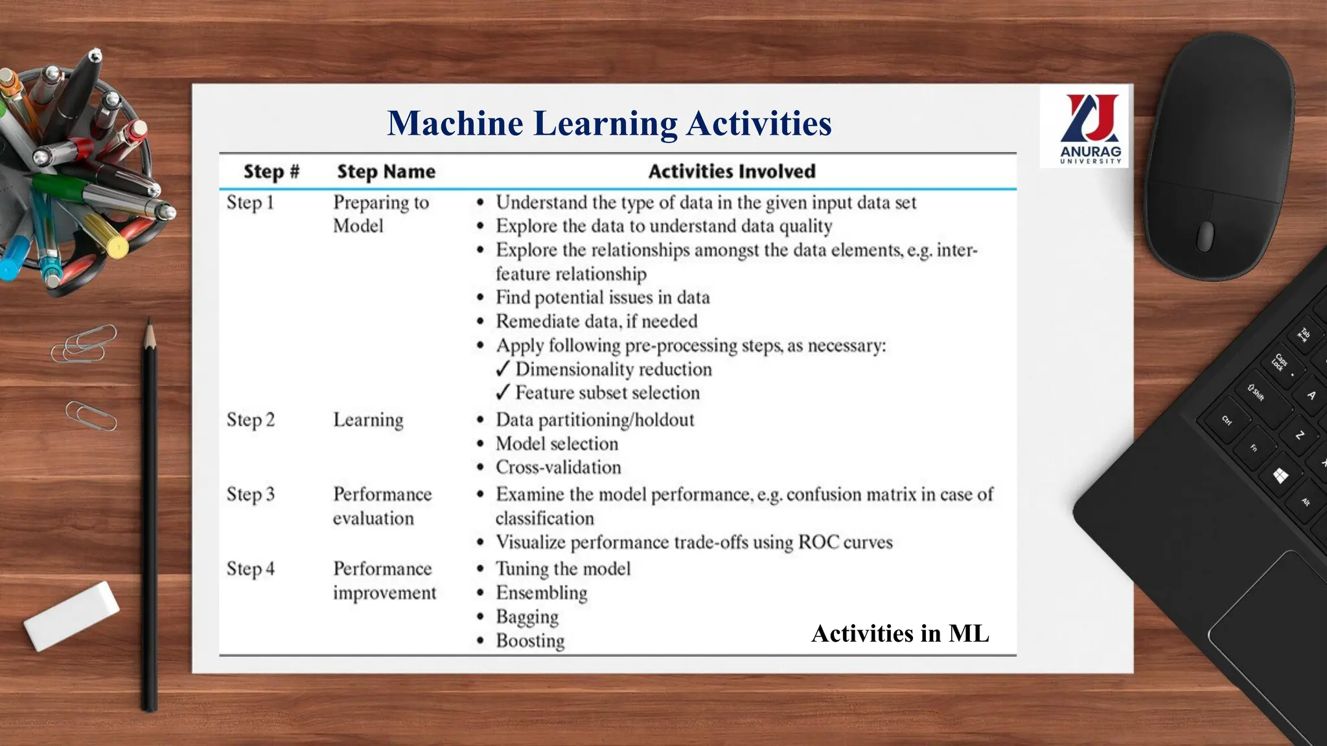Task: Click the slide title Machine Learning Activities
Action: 609,123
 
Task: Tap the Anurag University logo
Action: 1090,128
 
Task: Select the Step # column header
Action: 271,172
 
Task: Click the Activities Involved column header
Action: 732,172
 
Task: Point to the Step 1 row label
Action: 250,203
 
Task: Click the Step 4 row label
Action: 250,569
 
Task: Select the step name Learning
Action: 368,420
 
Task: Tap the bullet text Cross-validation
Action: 558,468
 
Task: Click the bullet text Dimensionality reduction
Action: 613,370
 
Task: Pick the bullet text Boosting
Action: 530,641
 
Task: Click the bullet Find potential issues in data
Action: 603,298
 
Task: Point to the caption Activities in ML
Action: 900,633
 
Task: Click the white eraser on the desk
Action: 71,615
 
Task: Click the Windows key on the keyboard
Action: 1280,477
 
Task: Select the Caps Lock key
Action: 1280,363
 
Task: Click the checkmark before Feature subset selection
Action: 503,392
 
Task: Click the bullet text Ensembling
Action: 541,593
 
